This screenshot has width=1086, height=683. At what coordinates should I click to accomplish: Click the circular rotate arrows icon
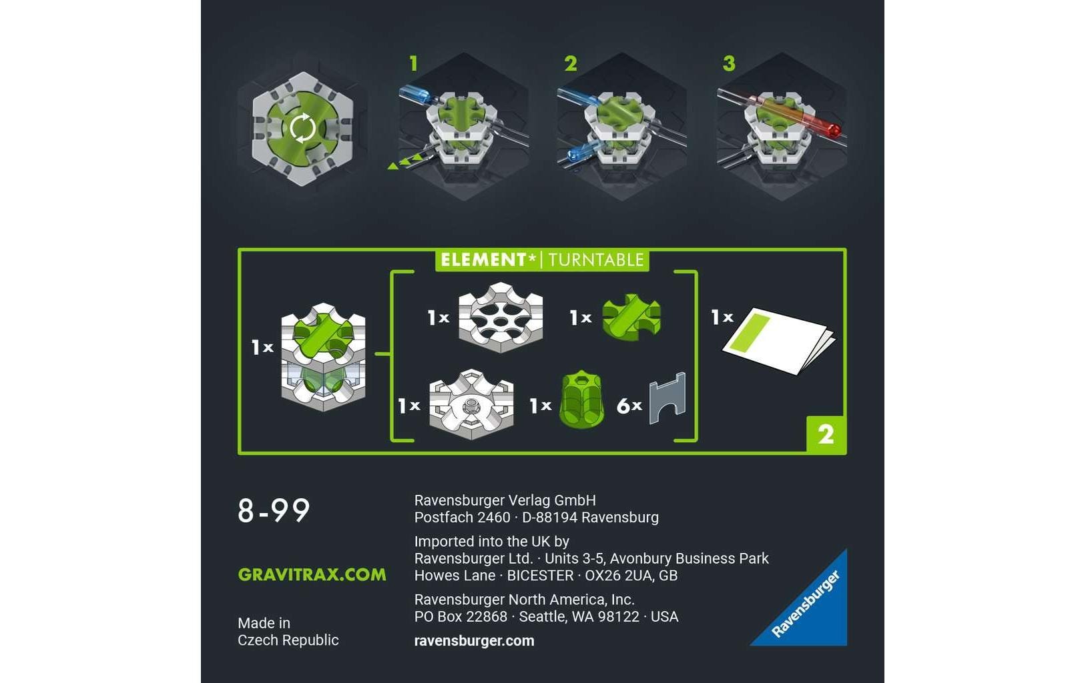302,127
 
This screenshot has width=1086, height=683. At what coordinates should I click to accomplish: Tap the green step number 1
413,63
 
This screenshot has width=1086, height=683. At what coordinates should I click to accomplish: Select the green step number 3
728,63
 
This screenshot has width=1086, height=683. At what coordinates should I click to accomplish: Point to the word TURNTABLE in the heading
595,260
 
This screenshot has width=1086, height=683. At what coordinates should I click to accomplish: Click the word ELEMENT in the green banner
483,259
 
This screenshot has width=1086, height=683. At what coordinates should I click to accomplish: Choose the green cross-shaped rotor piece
631,316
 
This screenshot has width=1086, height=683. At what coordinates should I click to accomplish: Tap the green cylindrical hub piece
581,400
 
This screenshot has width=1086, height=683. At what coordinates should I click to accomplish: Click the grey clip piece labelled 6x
667,398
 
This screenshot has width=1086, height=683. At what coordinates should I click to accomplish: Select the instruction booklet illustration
778,340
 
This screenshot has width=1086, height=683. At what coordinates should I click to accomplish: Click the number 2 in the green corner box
826,435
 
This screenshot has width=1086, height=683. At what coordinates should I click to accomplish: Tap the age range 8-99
274,511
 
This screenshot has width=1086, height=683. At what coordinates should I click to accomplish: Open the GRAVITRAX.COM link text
312,574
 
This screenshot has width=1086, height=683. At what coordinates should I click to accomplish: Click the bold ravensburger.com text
474,640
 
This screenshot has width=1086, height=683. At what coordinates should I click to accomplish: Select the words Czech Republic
288,640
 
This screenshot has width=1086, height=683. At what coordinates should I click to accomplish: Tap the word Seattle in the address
543,616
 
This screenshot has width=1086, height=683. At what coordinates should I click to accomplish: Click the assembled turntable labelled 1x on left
323,356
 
